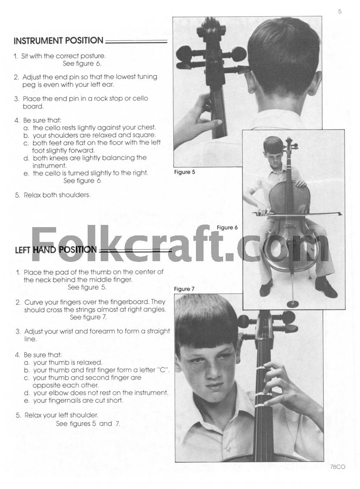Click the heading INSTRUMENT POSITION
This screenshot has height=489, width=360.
(58, 41)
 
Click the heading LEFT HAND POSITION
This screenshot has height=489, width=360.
(56, 250)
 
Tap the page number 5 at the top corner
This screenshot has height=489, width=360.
(340, 12)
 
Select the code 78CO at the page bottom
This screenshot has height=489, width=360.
(338, 467)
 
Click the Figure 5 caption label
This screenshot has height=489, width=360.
(184, 172)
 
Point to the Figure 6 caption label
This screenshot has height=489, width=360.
(227, 227)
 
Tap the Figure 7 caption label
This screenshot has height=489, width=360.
(184, 289)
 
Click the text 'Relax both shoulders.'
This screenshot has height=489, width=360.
(57, 195)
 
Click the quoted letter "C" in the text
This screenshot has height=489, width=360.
(163, 370)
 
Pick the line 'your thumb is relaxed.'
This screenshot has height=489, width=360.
(68, 362)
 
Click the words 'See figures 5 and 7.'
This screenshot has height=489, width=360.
(88, 423)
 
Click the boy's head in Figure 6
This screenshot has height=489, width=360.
(272, 149)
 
